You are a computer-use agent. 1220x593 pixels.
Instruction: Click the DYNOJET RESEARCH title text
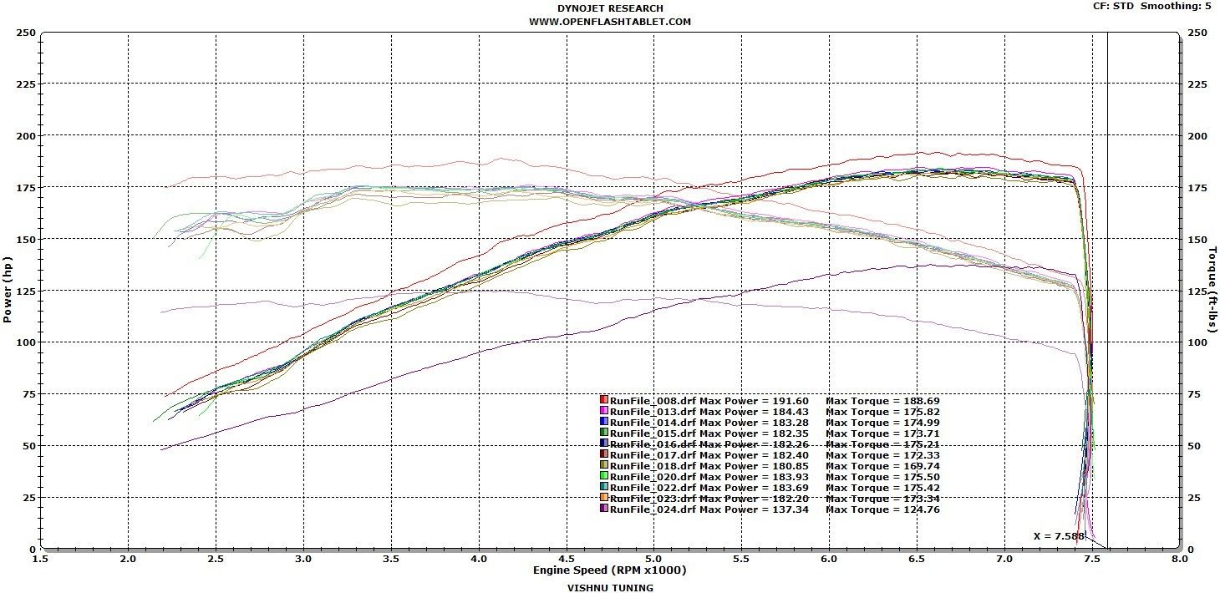(609, 8)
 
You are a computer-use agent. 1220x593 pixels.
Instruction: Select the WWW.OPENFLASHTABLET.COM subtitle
(609, 22)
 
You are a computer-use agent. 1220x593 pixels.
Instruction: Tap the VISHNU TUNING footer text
(609, 587)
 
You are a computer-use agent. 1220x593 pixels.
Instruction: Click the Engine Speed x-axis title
(609, 570)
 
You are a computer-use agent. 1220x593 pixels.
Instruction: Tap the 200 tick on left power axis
(26, 135)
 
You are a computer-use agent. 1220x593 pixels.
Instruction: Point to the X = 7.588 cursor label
(1059, 536)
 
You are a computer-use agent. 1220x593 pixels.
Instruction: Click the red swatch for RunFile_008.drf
(603, 400)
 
